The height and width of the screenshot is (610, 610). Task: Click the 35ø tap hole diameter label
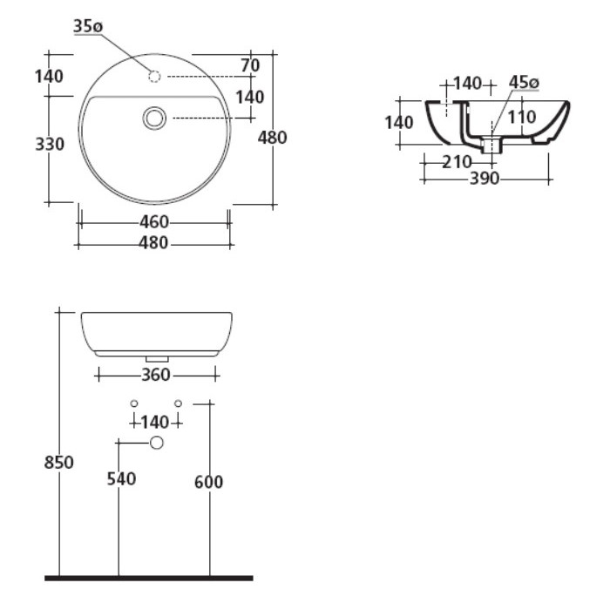pos(88,26)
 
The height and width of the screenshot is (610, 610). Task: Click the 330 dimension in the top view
pos(50,145)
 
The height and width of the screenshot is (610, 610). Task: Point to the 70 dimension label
pos(250,65)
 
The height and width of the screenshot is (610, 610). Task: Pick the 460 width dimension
pos(154,222)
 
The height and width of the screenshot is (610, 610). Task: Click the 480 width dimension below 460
pos(153,243)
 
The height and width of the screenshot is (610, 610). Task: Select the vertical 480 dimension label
pos(272,138)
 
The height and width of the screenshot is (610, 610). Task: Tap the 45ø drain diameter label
pos(524,83)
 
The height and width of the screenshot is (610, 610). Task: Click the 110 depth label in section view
pos(522,117)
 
